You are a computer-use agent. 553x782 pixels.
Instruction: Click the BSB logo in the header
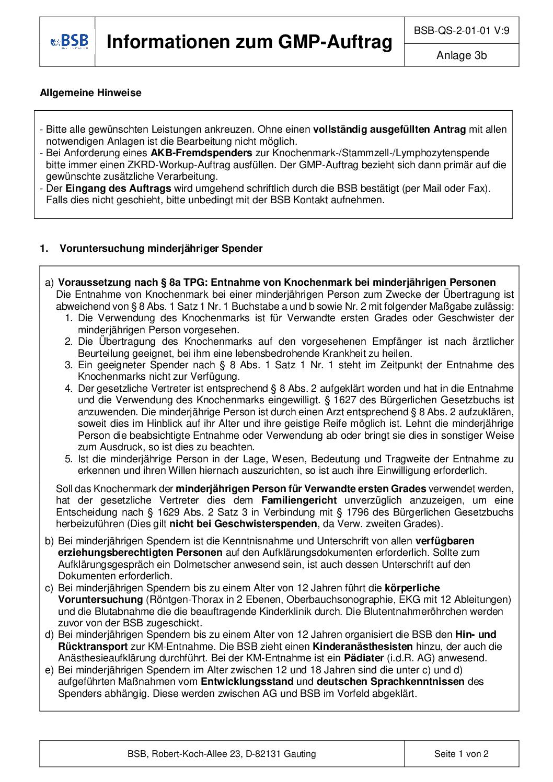(70, 41)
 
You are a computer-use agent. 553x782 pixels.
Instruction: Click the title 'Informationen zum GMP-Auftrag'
(249, 42)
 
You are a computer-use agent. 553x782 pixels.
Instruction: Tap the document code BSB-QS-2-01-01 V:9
(462, 31)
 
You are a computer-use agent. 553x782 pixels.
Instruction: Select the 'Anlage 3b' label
(462, 55)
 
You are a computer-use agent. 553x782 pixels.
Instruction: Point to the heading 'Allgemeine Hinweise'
(90, 93)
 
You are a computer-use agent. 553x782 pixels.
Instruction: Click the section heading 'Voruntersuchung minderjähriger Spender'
(161, 249)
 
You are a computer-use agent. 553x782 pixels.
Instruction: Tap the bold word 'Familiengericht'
(294, 500)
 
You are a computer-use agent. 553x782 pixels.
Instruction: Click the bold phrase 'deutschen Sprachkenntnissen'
(390, 682)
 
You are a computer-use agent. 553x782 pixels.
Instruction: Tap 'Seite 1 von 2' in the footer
(461, 754)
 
